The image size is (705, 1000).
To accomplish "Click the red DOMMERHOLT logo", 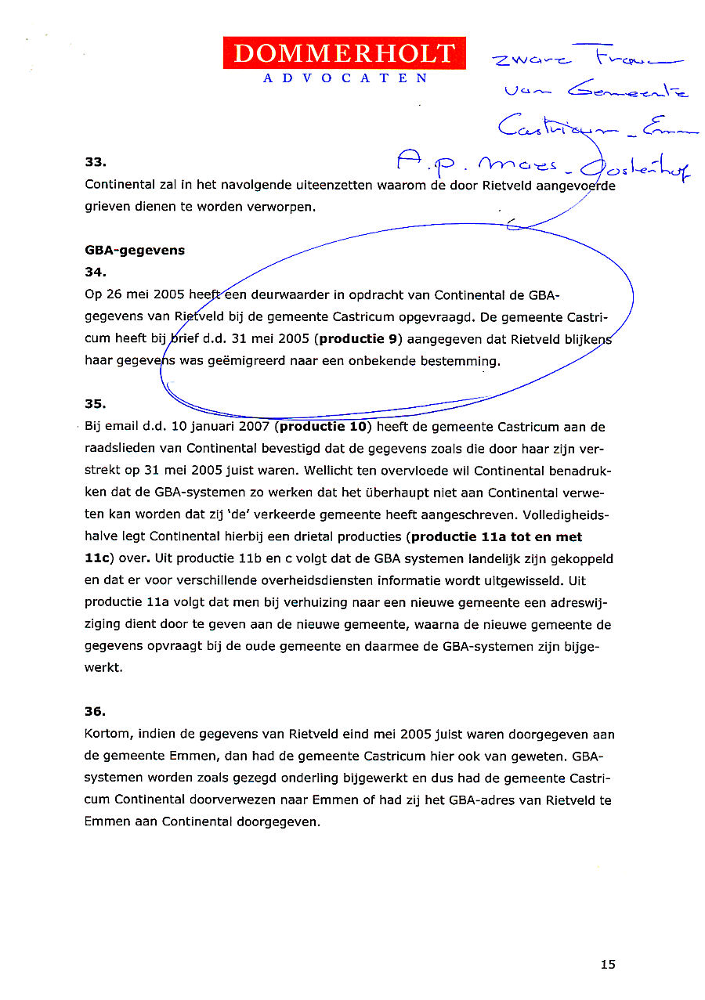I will tap(344, 53).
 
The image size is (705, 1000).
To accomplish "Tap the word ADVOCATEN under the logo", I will tap(345, 78).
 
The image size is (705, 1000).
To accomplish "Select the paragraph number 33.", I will tap(95, 163).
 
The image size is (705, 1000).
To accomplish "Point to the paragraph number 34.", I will tap(95, 273).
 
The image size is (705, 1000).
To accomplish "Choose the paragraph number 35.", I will tap(95, 404).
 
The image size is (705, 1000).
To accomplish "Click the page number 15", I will tap(608, 965).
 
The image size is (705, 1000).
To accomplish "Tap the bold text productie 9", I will tap(359, 339).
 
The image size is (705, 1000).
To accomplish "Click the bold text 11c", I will tap(99, 559).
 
